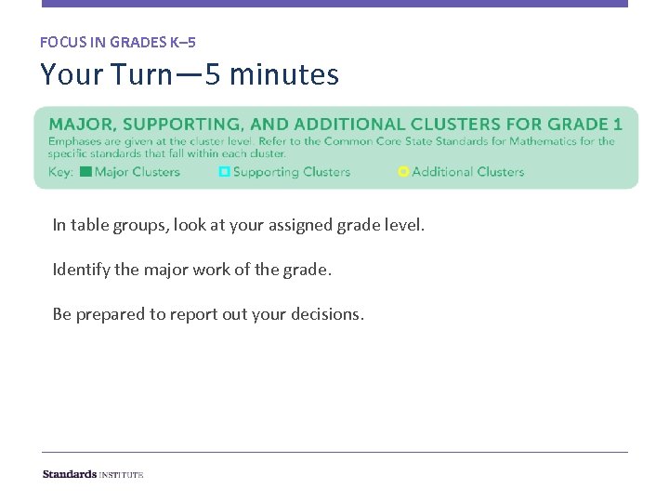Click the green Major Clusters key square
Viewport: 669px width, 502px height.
[x=85, y=172]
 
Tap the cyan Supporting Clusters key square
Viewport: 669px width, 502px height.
[x=224, y=172]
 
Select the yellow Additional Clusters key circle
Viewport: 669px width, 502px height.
[x=403, y=172]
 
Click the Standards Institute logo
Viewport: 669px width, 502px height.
[x=93, y=474]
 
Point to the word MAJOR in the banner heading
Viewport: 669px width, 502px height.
[x=79, y=125]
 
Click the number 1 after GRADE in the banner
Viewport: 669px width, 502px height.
[x=618, y=125]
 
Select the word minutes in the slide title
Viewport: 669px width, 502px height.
[x=283, y=74]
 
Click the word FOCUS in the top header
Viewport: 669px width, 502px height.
[x=62, y=42]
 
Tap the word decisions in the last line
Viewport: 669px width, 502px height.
[x=331, y=314]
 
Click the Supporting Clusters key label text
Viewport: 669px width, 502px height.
[x=292, y=172]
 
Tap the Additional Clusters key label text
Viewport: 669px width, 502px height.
[x=468, y=172]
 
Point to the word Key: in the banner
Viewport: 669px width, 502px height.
[x=60, y=172]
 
